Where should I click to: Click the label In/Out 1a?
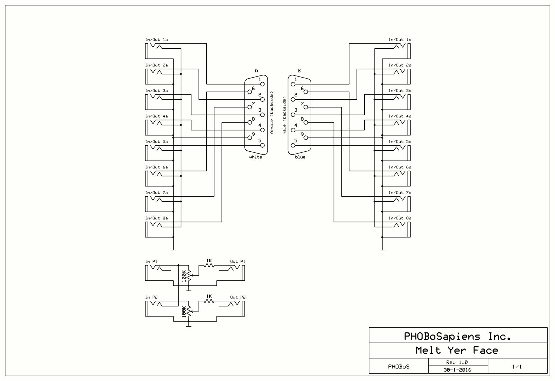tap(156, 40)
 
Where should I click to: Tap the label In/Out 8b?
tap(400, 218)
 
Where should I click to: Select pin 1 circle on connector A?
tap(262, 84)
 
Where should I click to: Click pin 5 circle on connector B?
tap(293, 145)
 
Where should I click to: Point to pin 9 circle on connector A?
tap(250, 138)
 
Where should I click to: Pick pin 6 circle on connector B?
tap(306, 92)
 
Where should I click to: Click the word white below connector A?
tap(256, 157)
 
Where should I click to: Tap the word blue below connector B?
tap(300, 157)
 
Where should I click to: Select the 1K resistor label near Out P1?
tap(209, 261)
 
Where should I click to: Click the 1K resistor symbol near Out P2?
tap(209, 301)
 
